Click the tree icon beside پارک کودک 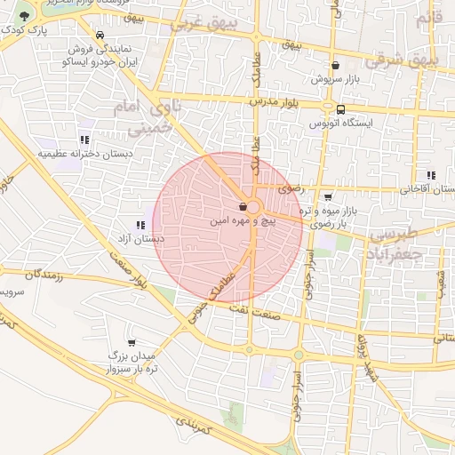point(23,16)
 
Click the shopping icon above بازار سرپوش point(335,65)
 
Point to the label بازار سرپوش point(335,78)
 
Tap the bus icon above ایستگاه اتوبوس point(341,109)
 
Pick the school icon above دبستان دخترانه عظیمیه point(84,140)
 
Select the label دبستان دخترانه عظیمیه point(84,153)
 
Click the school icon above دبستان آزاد point(140,226)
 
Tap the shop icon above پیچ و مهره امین point(243,205)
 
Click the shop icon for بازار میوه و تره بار point(328,197)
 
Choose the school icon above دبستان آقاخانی point(431,175)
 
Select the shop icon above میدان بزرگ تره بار point(132,342)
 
